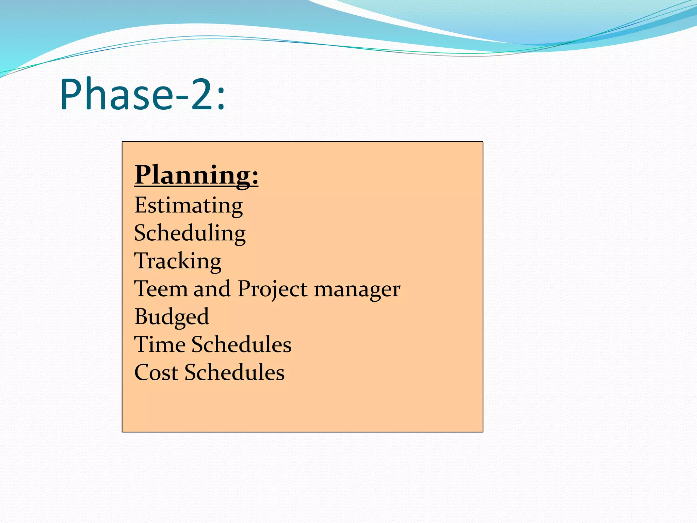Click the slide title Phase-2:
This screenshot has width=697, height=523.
coord(142,94)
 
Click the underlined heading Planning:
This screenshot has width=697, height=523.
coord(196,175)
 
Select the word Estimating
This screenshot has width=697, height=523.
coord(189,205)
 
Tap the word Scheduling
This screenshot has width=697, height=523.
coord(190,234)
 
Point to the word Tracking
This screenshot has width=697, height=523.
coord(178,261)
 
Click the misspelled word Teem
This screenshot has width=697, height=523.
coord(161,289)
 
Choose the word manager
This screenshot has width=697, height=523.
coord(357,290)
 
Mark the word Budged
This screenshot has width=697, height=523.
coord(172,317)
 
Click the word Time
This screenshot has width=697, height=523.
coord(160,345)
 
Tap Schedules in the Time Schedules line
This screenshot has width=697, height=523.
coord(242,345)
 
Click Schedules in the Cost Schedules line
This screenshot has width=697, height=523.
coord(234,373)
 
